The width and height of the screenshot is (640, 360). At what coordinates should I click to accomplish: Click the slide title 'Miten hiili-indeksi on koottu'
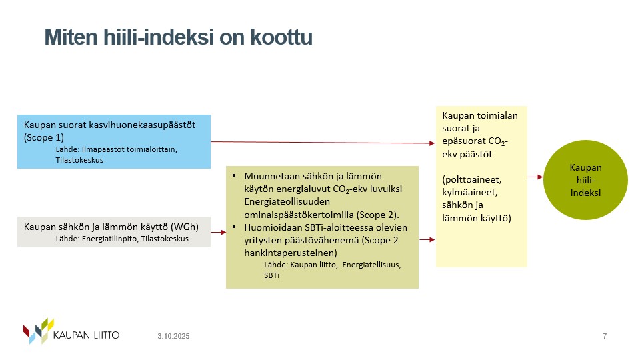179,37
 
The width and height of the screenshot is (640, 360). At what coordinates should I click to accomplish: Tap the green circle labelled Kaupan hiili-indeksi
585,180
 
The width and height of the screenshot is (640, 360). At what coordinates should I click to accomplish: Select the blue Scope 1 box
114,141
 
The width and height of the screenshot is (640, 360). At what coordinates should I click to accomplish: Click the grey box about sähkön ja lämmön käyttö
114,231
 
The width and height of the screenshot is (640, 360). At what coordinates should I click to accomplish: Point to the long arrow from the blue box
323,143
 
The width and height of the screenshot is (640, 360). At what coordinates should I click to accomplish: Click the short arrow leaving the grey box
219,232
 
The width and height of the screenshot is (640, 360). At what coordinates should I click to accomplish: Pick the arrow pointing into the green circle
535,177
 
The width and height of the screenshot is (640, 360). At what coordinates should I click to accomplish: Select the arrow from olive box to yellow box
427,239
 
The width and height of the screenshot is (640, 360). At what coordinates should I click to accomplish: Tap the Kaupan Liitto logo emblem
38,331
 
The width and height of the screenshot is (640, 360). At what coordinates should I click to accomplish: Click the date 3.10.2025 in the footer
173,336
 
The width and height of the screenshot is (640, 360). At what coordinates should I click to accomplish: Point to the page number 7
605,336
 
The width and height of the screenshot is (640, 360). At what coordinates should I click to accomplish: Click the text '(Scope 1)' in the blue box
44,137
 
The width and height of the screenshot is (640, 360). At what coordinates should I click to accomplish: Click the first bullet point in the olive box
234,175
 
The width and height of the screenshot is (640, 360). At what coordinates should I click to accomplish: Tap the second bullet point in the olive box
234,227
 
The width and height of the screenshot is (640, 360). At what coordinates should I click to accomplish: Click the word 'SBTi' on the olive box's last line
271,275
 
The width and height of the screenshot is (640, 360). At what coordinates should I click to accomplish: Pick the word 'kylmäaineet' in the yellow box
469,192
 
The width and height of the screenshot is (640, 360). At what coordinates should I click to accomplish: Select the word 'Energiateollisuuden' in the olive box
287,201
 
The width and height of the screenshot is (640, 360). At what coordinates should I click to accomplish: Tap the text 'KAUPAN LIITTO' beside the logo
86,335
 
